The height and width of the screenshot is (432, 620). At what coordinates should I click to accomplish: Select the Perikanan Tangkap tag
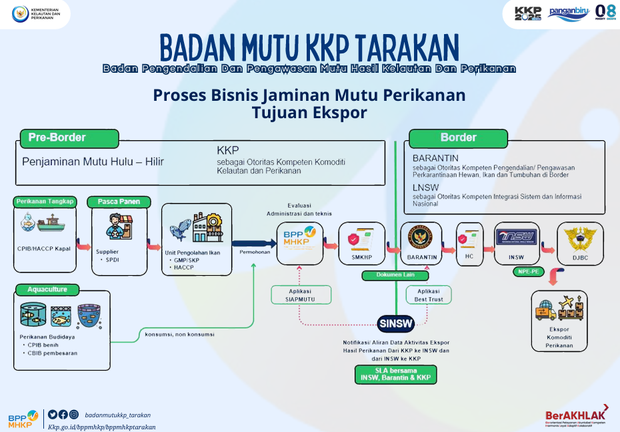45,202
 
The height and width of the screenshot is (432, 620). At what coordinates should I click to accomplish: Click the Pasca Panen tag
119,202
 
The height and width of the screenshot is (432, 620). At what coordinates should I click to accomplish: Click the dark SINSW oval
396,324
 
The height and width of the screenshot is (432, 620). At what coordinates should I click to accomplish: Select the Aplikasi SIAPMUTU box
299,295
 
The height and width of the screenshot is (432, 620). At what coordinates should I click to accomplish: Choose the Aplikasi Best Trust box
429,295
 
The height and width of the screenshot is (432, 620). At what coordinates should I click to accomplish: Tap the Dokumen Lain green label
395,274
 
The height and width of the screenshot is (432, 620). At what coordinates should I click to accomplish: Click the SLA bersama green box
395,374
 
